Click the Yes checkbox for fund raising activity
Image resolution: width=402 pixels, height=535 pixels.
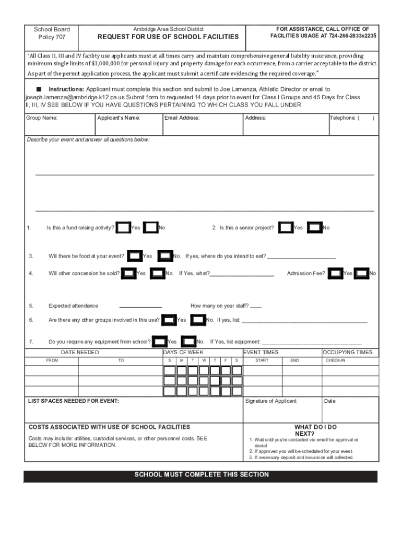pos(123,228)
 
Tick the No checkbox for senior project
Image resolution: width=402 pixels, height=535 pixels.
pos(314,228)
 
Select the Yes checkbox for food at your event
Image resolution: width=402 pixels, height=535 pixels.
pos(135,256)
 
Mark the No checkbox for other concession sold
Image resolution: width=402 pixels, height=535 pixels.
pos(157,273)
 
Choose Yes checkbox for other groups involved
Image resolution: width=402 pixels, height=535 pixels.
pos(169,320)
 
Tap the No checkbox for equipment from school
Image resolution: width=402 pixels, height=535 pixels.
pos(188,342)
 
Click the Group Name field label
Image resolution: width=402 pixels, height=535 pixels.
pos(42,118)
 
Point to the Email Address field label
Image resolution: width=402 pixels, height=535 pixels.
pos(182,118)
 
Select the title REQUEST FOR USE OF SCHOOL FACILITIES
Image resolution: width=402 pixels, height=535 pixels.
pos(168,37)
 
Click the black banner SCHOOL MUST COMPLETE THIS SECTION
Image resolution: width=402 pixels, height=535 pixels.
pos(202,475)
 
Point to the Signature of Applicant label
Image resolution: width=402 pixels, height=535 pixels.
pos(270,401)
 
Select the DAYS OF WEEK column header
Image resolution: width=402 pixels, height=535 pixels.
pos(183,353)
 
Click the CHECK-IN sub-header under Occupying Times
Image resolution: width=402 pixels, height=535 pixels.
pos(335,360)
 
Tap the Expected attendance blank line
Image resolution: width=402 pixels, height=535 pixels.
pos(140,307)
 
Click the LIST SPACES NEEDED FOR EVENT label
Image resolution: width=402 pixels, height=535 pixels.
pos(73,401)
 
